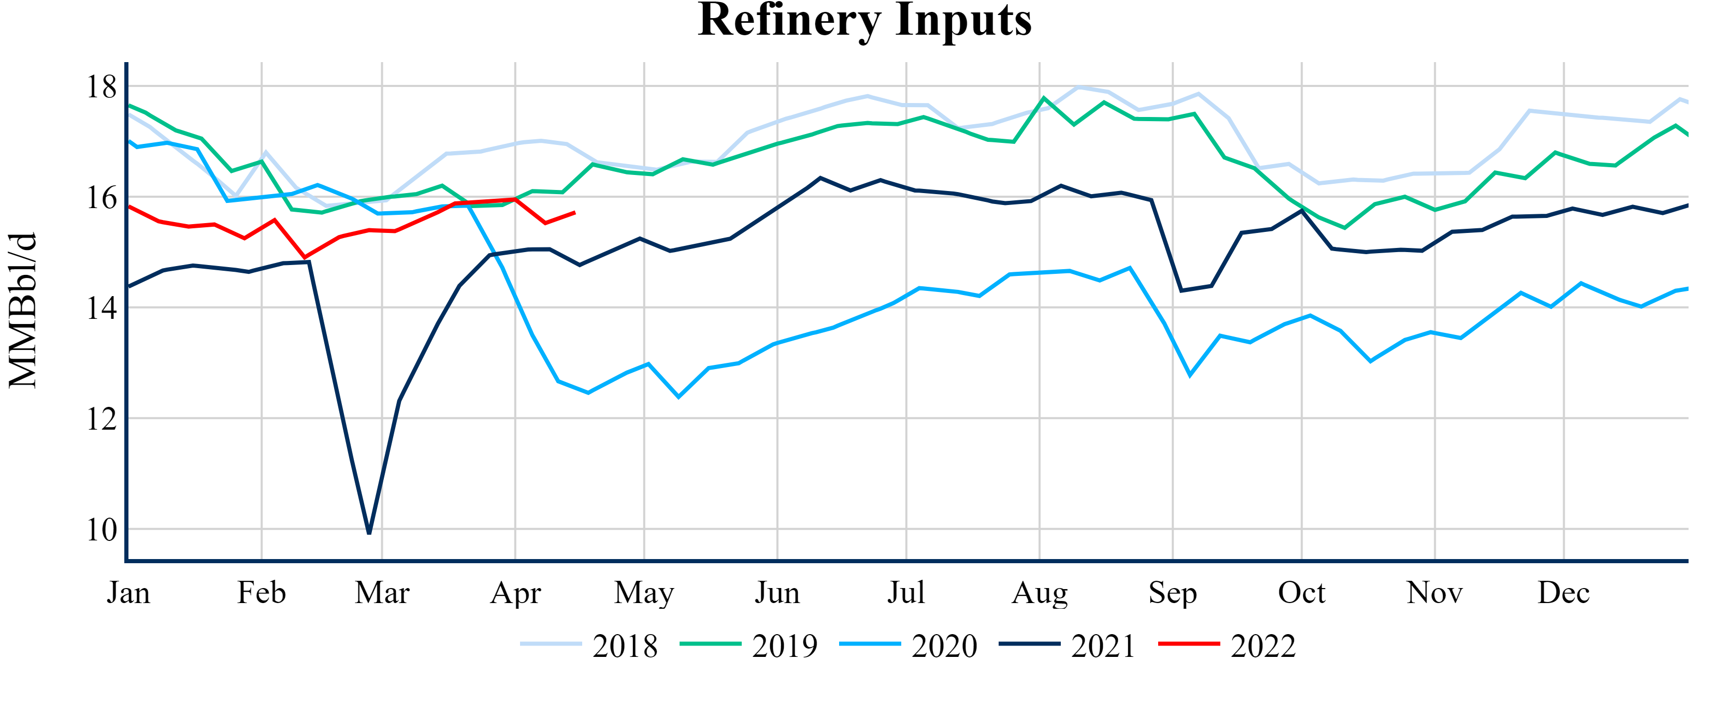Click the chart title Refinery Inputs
pos(864,20)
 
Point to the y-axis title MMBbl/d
pos(23,310)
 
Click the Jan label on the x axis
pos(128,593)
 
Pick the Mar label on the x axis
pos(382,593)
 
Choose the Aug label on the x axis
pos(1040,593)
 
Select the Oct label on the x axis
pos(1302,593)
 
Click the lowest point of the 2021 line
pos(369,533)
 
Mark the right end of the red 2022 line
pos(575,213)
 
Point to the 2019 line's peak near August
pos(1044,98)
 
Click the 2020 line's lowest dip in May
pos(679,397)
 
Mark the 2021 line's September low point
pos(1181,290)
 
